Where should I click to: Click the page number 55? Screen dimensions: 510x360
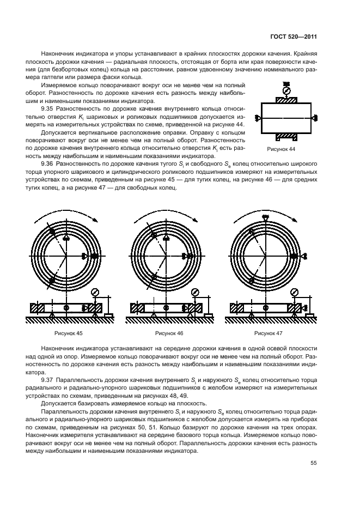313,463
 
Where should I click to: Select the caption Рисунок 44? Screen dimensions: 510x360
281,149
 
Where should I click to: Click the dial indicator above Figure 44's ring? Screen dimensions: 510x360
287,90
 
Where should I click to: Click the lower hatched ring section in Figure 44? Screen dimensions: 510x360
287,136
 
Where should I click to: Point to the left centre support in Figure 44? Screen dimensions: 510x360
258,118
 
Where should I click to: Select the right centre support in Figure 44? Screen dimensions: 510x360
316,118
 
